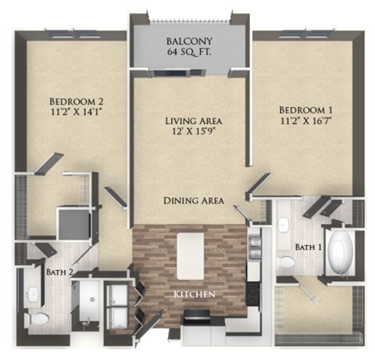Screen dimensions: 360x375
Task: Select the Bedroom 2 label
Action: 77,102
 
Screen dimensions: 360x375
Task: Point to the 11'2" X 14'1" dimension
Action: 77,115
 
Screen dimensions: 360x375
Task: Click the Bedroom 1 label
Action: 306,108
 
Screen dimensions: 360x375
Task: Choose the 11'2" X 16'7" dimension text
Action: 306,120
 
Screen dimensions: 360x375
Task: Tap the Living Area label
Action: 194,121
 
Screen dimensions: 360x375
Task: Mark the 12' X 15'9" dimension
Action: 194,134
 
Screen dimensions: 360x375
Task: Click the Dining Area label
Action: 194,201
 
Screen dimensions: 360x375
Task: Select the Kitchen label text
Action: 194,294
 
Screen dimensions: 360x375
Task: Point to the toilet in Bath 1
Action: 288,262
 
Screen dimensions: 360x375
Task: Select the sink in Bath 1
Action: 284,225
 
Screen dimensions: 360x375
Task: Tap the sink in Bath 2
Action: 32,294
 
